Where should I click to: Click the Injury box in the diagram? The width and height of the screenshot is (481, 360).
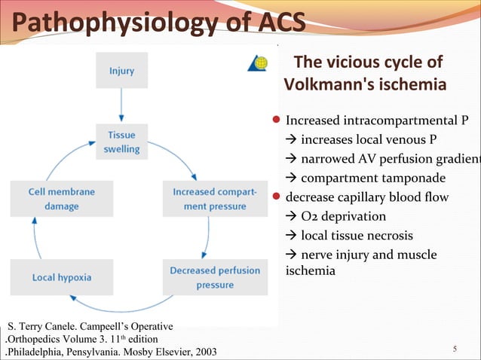[121, 72]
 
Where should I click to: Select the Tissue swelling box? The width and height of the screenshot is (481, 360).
[121, 142]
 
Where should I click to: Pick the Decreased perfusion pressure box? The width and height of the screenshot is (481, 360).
[215, 277]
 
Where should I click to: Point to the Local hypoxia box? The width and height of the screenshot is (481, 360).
[61, 277]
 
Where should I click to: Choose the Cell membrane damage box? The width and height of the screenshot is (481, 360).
[61, 199]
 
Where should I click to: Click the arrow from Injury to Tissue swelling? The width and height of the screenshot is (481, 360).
[121, 106]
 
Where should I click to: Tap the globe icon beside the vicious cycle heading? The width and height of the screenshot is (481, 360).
[257, 63]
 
